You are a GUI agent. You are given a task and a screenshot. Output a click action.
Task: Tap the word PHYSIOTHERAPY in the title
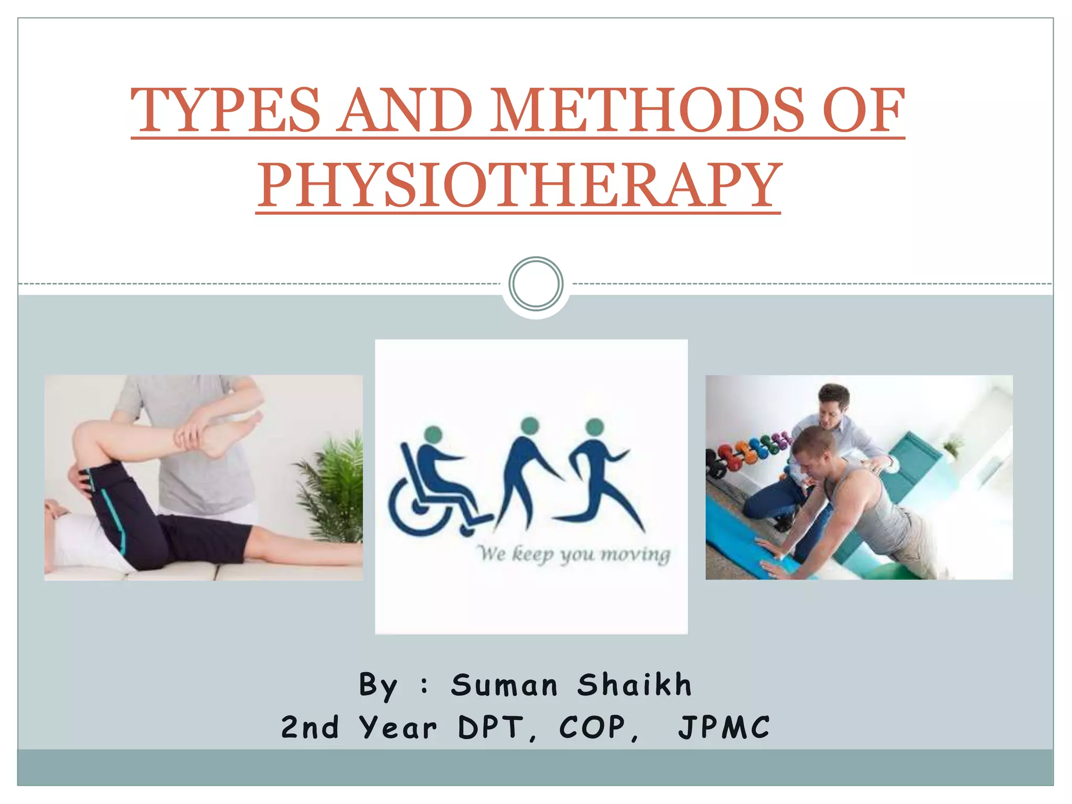tap(519, 185)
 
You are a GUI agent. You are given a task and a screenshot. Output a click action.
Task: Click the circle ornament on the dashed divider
tap(535, 283)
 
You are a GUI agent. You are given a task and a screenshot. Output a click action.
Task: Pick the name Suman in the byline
tap(505, 685)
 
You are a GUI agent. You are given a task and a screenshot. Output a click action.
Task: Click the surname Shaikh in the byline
tap(634, 685)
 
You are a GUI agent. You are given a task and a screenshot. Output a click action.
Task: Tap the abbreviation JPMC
tap(724, 728)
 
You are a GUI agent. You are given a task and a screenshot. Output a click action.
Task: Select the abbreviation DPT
tap(491, 728)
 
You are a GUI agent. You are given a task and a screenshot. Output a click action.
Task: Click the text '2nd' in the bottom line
tap(310, 728)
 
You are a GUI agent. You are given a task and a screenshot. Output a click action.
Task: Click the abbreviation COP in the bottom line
tap(593, 728)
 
